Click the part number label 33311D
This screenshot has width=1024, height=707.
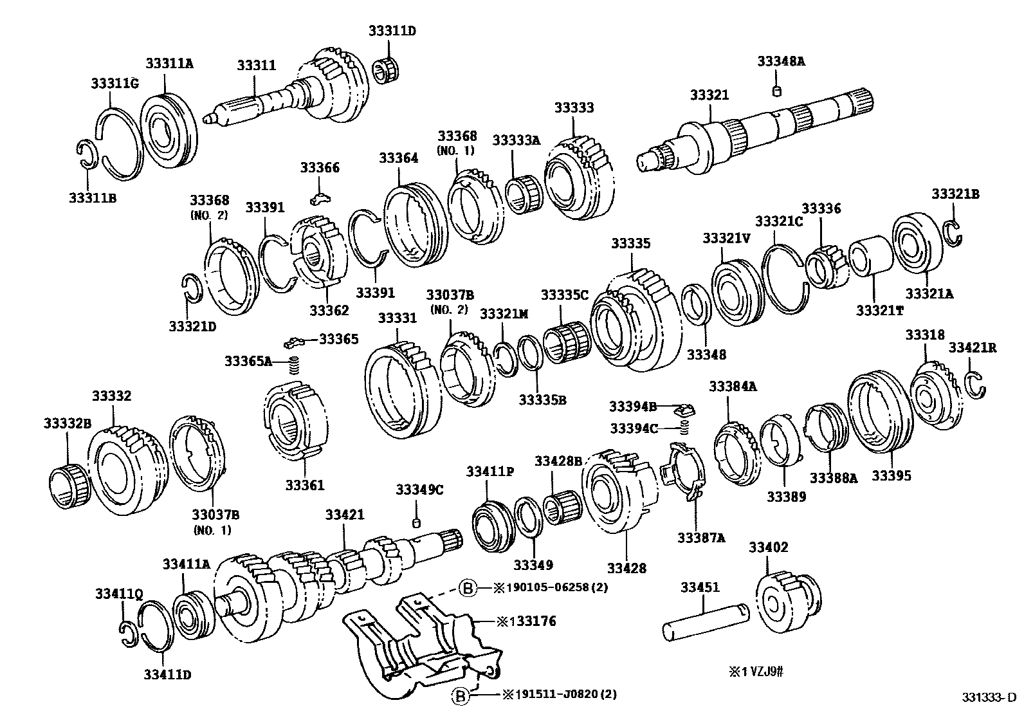click(392, 31)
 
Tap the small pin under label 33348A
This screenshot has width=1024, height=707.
click(776, 91)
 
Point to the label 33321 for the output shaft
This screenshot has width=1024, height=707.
click(709, 95)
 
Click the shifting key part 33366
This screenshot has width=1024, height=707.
click(320, 198)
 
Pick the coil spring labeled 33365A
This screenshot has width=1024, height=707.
click(294, 365)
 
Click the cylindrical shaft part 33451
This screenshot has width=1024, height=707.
click(706, 621)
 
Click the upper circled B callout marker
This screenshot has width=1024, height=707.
click(468, 587)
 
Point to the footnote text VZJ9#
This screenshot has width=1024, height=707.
click(767, 672)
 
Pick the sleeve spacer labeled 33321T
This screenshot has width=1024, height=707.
click(870, 256)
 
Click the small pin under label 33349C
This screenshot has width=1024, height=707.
click(416, 523)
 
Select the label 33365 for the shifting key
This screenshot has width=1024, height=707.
click(339, 339)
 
